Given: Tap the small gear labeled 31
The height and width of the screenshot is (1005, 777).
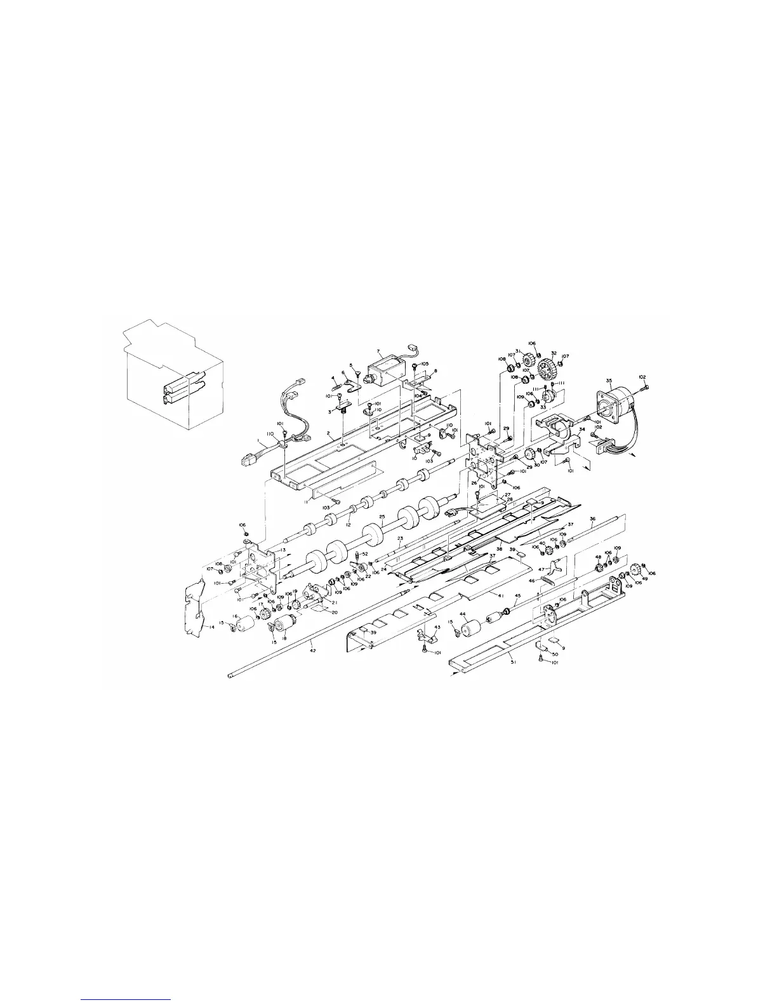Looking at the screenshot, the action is (x=526, y=363).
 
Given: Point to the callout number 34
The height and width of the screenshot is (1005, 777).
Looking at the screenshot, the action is (x=581, y=428).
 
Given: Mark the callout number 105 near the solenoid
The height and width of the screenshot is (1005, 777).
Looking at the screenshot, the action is (x=425, y=364).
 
